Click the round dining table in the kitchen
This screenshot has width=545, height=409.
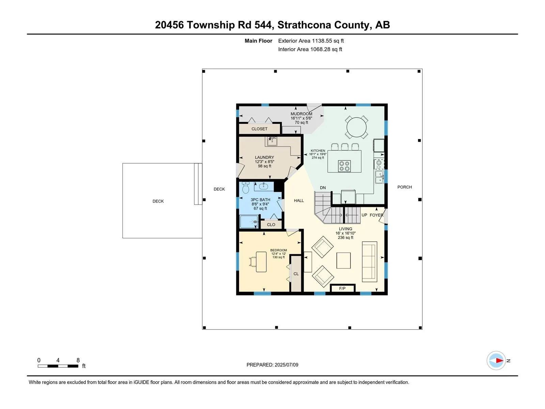coord(356,127)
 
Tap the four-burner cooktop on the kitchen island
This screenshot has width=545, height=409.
coord(344,166)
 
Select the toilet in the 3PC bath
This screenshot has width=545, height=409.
coord(246,187)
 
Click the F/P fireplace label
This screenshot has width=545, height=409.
coord(342,288)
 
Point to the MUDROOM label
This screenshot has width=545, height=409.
coord(301,114)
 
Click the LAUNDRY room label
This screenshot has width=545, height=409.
coord(264,157)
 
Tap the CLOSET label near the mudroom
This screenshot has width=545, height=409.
coord(260,129)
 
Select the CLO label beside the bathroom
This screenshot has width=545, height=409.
coord(271,225)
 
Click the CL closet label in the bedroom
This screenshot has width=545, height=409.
coord(296,274)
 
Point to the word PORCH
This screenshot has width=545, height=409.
coord(404,187)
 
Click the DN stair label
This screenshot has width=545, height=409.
coord(323,188)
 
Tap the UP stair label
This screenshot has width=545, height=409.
coord(364,215)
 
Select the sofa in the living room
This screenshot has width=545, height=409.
coord(370,261)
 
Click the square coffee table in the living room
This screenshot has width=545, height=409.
coord(344,260)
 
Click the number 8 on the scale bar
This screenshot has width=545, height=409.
coord(78,360)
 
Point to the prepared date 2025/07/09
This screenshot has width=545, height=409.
coord(286,365)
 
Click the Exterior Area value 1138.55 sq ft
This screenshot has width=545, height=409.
coord(328,41)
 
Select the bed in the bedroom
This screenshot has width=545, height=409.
coord(261,262)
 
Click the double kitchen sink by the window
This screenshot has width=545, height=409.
coord(379,177)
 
